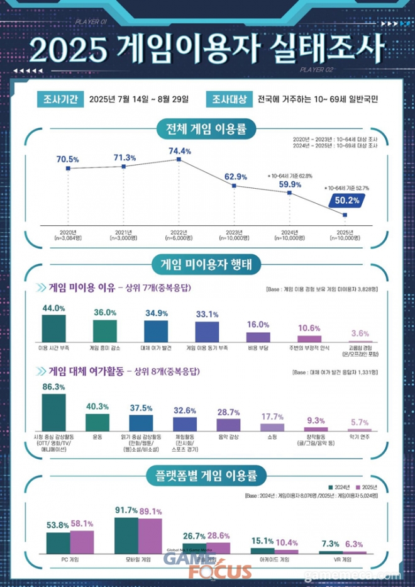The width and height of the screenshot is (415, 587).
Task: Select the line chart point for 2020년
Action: pyautogui.click(x=67, y=169)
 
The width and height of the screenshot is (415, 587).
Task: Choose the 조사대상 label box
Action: pyautogui.click(x=230, y=99)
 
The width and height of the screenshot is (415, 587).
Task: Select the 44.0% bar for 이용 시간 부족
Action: pyautogui.click(x=53, y=327)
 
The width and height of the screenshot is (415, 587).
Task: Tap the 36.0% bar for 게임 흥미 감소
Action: pyautogui.click(x=105, y=330)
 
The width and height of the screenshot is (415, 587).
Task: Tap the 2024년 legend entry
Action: pyautogui.click(x=341, y=487)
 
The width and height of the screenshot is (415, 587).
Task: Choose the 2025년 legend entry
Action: pyautogui.click(x=367, y=487)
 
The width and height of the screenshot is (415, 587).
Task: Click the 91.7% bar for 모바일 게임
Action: pyautogui.click(x=126, y=535)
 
